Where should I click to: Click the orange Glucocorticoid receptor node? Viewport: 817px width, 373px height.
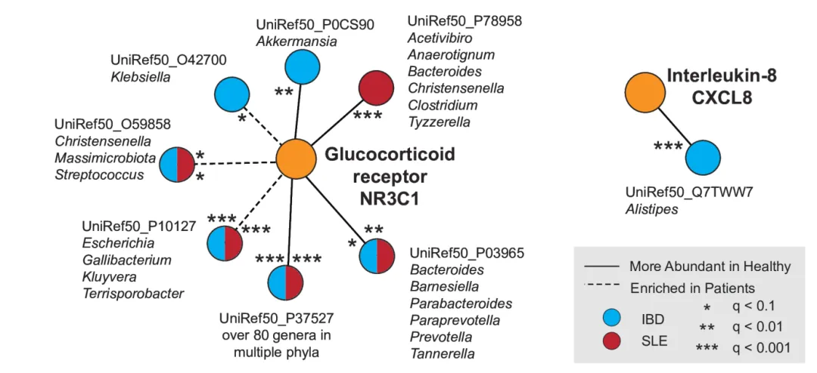tap(296, 159)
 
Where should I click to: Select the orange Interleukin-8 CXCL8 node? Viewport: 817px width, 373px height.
tap(644, 94)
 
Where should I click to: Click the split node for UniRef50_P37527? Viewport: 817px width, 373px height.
tap(285, 283)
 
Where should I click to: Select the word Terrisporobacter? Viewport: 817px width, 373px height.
tap(132, 293)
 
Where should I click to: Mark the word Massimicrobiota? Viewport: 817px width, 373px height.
tap(104, 159)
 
